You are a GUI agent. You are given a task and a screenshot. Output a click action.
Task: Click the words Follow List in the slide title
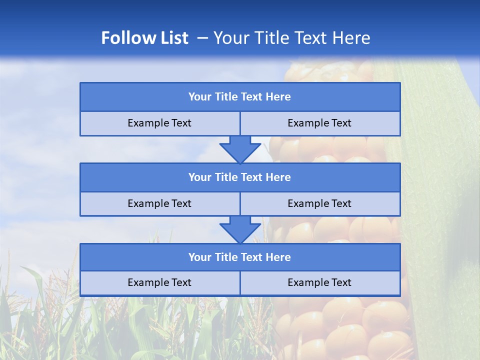coord(144,38)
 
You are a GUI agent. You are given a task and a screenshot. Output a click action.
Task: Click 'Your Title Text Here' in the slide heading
coord(291,38)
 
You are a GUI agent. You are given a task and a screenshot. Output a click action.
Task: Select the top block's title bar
coord(240,97)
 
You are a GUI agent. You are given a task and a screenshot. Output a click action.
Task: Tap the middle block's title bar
coord(240,177)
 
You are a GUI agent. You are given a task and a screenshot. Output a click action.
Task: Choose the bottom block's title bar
coord(240,257)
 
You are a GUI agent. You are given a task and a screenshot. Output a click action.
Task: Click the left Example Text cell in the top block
coord(159,123)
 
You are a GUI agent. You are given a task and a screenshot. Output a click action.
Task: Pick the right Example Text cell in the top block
coord(319,123)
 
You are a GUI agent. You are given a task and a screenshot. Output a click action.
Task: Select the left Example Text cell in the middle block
coord(159,203)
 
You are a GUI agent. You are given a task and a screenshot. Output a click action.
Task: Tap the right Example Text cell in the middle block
coord(319,203)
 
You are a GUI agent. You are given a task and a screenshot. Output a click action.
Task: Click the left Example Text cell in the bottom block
coord(159,282)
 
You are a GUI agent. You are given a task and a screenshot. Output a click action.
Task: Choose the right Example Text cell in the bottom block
coord(319,282)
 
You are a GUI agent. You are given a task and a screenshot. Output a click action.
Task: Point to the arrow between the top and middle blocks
coord(240,149)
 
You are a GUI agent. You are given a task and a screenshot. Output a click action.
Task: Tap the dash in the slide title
coord(202,38)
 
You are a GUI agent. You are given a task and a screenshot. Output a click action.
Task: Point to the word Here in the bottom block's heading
coord(278,257)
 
